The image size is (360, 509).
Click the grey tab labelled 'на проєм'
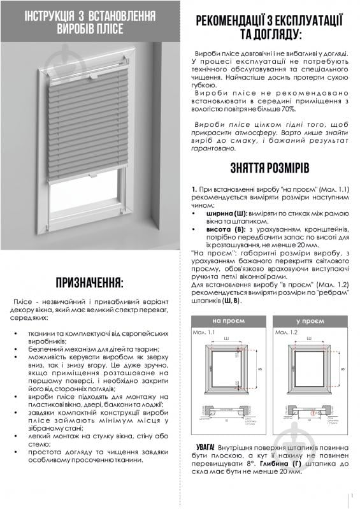pos(227,320)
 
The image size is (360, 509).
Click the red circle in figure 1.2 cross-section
pos(312,412)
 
